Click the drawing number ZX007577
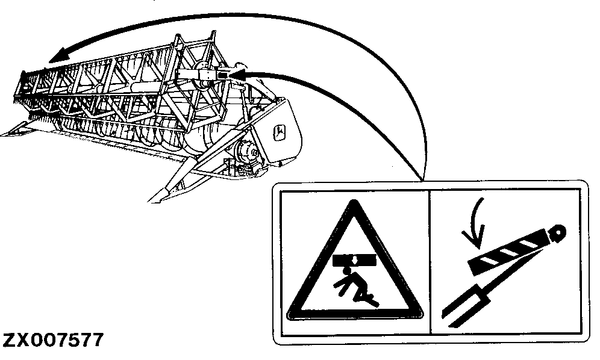[53, 340]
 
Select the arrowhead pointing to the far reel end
[57, 57]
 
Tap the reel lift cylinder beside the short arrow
[202, 75]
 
